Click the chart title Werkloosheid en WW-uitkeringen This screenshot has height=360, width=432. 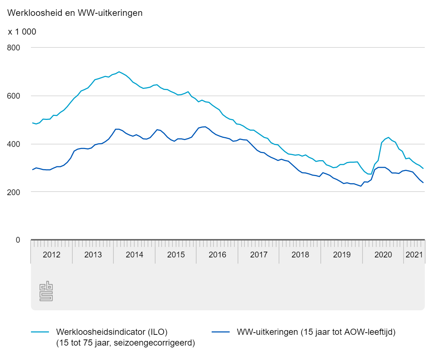point(75,13)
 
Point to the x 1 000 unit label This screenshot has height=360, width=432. point(22,32)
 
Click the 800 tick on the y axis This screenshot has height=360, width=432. point(14,48)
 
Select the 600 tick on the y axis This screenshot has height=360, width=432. point(14,96)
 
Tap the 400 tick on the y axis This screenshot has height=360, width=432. point(14,144)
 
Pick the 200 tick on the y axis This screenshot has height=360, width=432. point(14,192)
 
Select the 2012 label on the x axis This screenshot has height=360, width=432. point(51,255)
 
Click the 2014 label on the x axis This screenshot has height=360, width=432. point(134,255)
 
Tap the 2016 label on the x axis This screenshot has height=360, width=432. point(217,255)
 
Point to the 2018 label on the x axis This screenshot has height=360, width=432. point(300,255)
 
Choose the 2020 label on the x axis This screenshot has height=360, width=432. point(383,255)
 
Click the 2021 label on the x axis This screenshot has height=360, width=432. point(414,255)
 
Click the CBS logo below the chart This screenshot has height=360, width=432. point(46,292)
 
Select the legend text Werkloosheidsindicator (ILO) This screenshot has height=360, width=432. point(112,332)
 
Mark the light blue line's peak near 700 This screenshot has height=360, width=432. point(119,72)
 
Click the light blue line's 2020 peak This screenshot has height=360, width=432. point(388,137)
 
